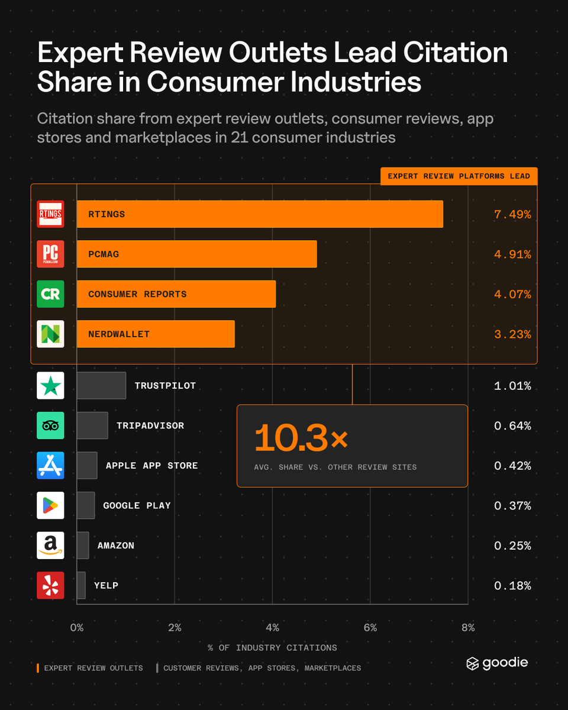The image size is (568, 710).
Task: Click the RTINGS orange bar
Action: (260, 214)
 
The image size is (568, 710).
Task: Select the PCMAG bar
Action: (196, 254)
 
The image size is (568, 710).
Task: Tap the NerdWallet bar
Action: (156, 334)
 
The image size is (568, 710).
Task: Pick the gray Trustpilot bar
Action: (101, 385)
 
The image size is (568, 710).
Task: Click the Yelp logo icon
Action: (50, 585)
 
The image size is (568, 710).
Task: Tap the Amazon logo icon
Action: (50, 546)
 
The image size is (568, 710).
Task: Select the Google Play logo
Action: (50, 505)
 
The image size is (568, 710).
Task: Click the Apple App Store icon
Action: (50, 466)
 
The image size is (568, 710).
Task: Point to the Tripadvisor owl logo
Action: (50, 425)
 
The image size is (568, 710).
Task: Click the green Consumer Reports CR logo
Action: (50, 294)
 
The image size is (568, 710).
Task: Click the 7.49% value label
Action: (512, 215)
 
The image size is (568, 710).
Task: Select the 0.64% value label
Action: (512, 426)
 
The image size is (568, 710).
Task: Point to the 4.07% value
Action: (512, 294)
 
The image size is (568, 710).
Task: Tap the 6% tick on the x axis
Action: (370, 628)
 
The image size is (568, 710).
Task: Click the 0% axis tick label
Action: (77, 628)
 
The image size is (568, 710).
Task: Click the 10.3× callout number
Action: (301, 438)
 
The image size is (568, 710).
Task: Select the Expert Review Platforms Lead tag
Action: (459, 176)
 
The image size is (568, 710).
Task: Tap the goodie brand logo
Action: (497, 663)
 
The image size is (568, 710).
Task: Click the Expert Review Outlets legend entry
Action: (90, 668)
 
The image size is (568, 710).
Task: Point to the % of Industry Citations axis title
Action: (272, 648)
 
